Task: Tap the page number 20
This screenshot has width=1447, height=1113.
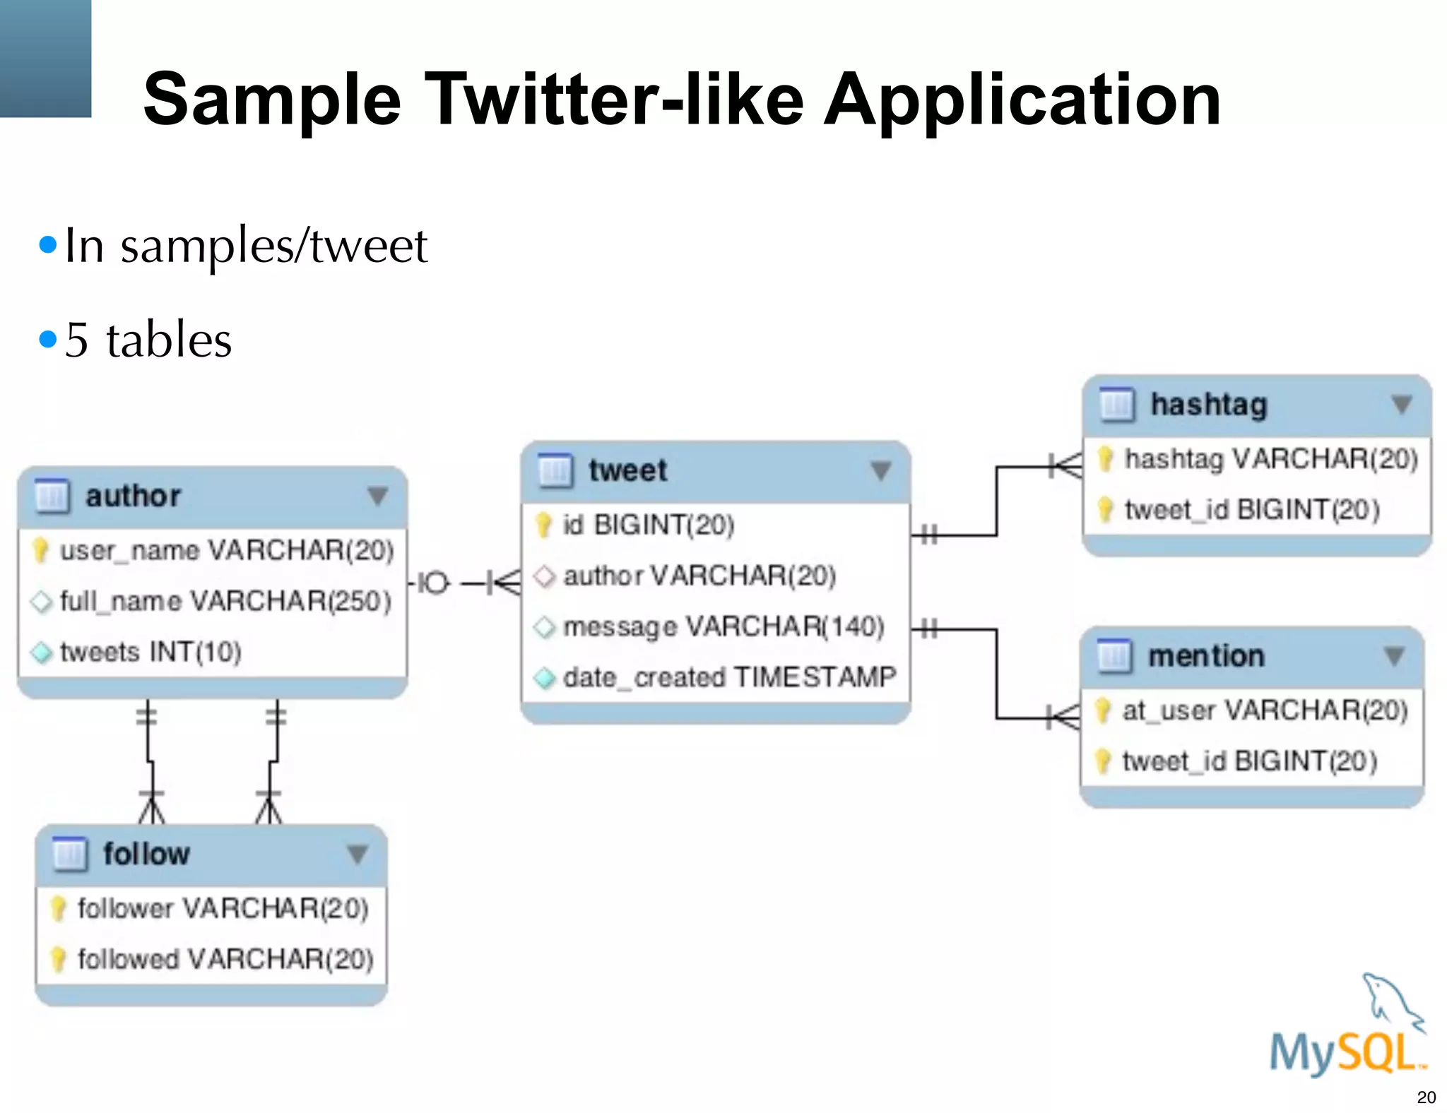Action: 1426,1097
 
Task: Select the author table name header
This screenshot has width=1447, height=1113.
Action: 133,496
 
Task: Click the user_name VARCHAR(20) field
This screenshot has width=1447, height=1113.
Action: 225,550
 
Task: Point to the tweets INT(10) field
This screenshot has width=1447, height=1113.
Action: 150,652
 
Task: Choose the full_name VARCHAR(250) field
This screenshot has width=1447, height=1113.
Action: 225,601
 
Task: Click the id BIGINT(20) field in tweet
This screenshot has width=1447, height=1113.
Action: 648,525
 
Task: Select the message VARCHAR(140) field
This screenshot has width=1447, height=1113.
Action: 723,626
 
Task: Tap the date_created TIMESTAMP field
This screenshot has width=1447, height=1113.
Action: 728,677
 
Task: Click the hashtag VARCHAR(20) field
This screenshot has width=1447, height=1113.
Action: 1270,459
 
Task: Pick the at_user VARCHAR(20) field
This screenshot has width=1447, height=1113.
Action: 1264,710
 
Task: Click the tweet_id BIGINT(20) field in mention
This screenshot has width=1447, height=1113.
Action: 1248,761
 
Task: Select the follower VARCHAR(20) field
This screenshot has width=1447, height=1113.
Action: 222,908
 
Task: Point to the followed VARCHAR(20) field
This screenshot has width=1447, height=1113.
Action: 225,959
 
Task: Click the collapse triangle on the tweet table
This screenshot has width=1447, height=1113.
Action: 880,470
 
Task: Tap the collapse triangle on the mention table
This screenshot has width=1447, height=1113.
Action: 1393,655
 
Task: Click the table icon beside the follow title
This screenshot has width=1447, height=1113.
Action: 70,854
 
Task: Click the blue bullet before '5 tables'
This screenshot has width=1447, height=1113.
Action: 48,340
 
